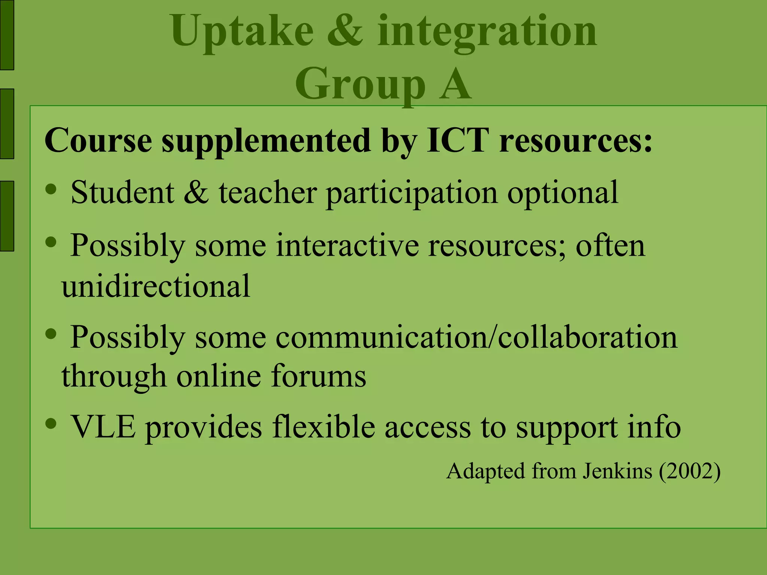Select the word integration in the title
click(x=487, y=33)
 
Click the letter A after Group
click(x=455, y=84)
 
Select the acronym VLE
click(x=103, y=427)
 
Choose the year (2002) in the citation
click(x=689, y=471)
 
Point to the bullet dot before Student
click(x=51, y=189)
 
